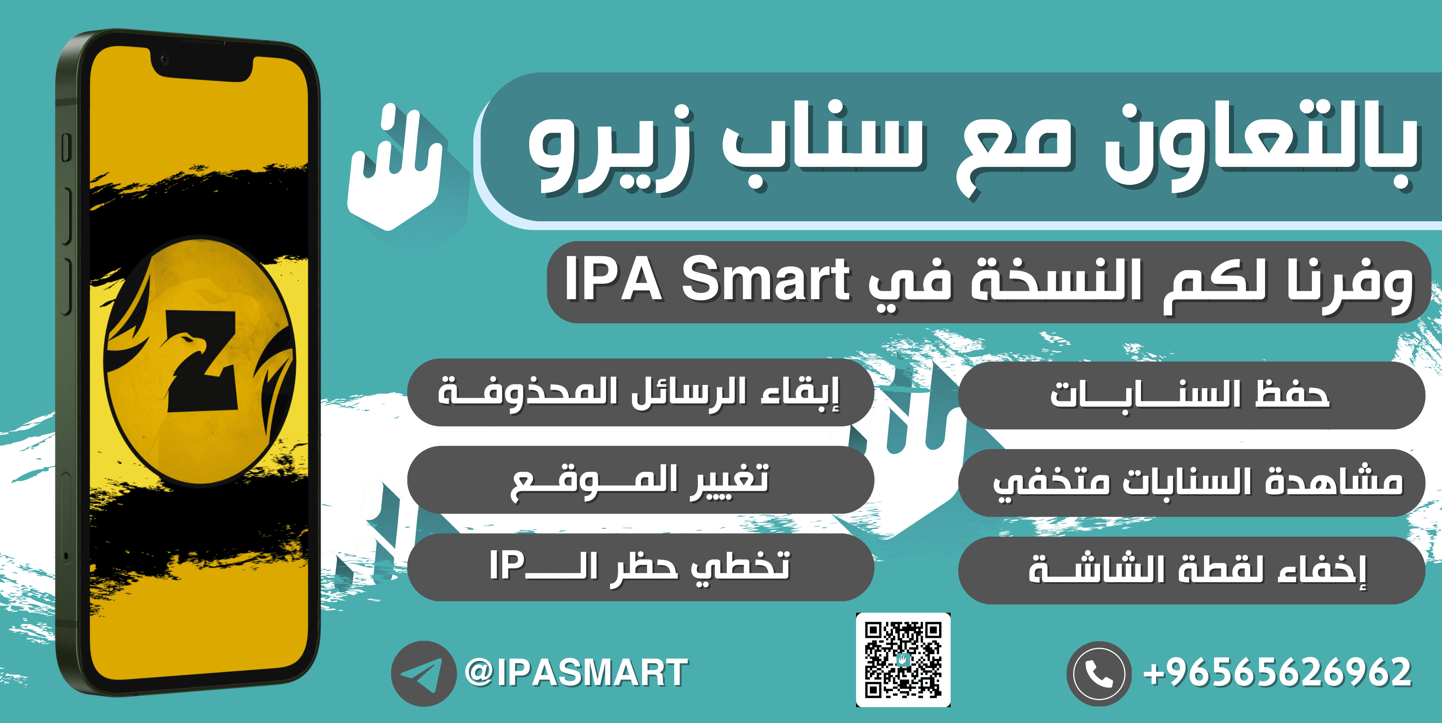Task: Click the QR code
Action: [x=903, y=660]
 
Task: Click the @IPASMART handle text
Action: [x=576, y=673]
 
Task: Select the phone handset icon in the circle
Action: [x=1099, y=673]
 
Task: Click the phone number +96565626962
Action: [x=1277, y=673]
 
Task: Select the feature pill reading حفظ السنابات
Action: [x=1191, y=395]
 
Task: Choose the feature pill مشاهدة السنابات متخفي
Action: [x=1191, y=482]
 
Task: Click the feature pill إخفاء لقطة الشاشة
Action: [x=1191, y=570]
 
